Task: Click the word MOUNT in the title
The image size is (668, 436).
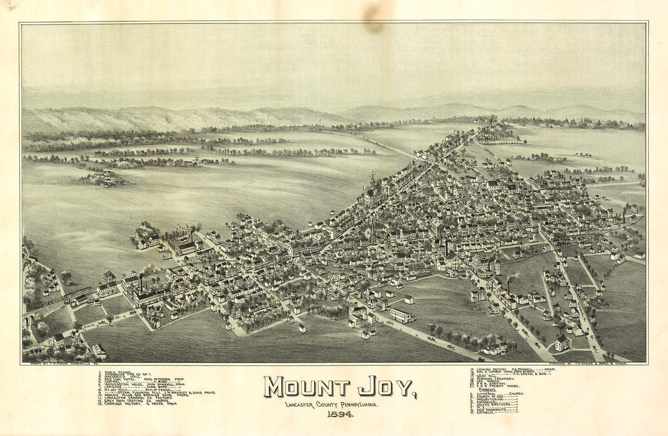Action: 306,387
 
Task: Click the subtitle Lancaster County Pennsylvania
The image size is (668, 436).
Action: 332,404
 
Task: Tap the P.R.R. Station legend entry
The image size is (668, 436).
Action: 491,384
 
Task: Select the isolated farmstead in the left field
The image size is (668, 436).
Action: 104,179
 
